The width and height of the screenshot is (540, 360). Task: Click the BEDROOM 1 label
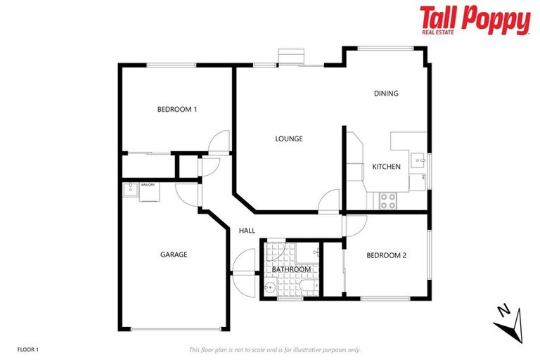[x=176, y=109]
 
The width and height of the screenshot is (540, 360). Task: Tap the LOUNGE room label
[x=288, y=139]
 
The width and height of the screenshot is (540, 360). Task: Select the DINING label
[x=386, y=94]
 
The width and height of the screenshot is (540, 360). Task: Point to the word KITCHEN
[x=386, y=167]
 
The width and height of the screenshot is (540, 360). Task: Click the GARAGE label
[x=173, y=255]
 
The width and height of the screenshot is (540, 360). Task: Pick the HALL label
[x=247, y=231]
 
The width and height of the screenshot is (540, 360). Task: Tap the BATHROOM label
[x=291, y=269]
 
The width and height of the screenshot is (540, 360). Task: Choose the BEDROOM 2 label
[x=387, y=255]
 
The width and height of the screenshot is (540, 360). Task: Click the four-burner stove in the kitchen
[x=387, y=200]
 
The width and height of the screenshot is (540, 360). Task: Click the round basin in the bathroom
[x=270, y=288]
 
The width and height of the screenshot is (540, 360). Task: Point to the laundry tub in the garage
[x=131, y=188]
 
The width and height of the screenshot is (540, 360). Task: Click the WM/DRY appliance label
[x=148, y=185]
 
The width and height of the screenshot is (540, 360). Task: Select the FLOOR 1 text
[x=27, y=349]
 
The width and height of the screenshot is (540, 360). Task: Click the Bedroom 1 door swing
[x=221, y=141]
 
